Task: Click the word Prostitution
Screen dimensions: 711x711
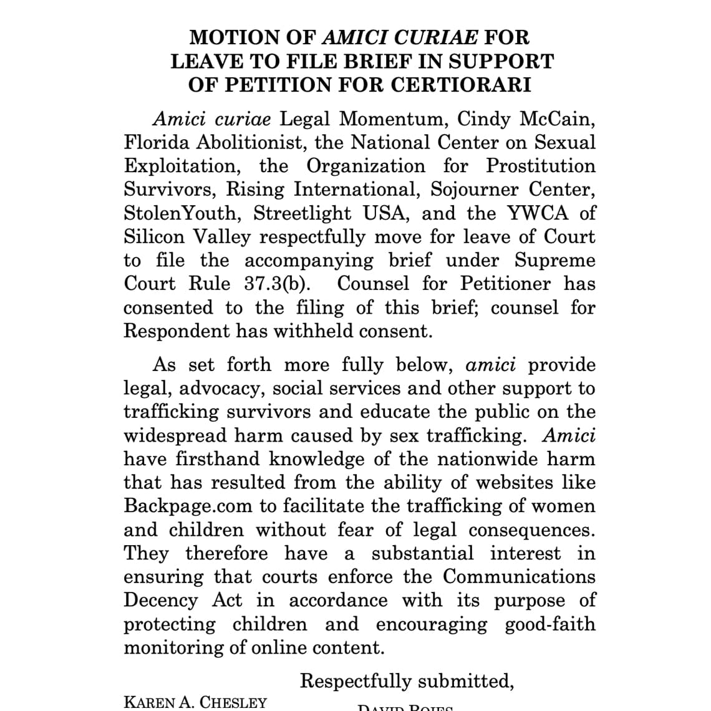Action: (541, 166)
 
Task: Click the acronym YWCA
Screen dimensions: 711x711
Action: (538, 213)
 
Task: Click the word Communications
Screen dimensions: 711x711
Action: (519, 576)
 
